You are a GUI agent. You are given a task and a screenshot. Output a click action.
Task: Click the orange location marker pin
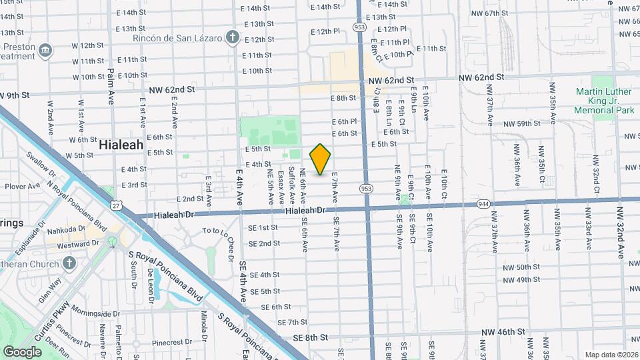(320, 159)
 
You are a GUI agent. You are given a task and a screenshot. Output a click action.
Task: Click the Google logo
(22, 351)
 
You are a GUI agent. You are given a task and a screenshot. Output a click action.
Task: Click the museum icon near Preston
(45, 49)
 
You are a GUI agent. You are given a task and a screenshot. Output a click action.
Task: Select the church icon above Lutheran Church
(68, 263)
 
